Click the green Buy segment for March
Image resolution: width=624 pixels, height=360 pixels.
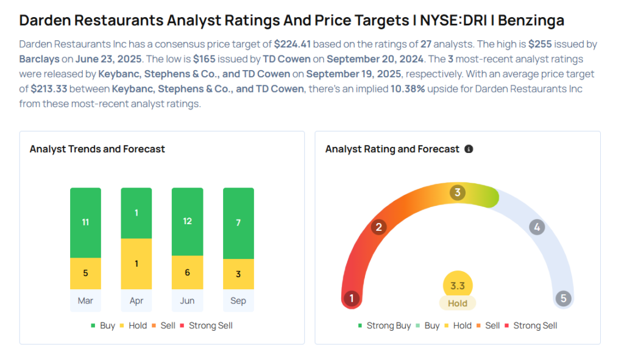(x=85, y=222)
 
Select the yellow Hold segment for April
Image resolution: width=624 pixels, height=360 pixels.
(x=136, y=264)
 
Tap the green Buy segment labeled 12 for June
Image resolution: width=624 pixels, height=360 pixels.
(x=188, y=221)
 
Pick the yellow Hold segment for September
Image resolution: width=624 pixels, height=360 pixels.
(x=238, y=274)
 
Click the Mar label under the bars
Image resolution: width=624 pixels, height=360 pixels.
(x=85, y=301)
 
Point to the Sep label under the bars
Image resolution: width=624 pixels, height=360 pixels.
(x=238, y=301)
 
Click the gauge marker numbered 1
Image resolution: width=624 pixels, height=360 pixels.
(x=351, y=298)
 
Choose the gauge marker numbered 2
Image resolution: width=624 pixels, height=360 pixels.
(x=379, y=227)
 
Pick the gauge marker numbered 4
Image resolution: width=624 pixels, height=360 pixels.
(x=537, y=227)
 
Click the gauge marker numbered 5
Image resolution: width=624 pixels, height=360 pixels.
(x=564, y=298)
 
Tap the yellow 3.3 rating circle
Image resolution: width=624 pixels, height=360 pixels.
(x=458, y=285)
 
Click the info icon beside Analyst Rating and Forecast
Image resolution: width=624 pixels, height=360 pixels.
(x=469, y=149)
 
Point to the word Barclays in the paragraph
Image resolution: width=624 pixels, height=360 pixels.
(x=39, y=59)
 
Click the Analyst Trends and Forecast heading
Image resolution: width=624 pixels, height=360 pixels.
(x=97, y=149)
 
